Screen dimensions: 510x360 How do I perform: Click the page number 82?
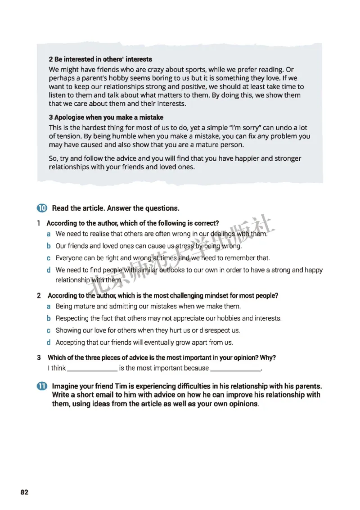24,492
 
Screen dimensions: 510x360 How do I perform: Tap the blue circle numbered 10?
42,208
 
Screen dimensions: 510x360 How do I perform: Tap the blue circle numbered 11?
42,387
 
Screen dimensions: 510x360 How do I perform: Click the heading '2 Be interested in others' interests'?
100,59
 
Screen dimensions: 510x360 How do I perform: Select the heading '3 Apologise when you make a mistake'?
106,117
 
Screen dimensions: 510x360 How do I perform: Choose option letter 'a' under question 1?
48,235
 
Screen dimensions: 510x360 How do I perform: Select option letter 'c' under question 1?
48,258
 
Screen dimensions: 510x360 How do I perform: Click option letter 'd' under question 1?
48,270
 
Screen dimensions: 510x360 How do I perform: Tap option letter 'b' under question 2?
48,318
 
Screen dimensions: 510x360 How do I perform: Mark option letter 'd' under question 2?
48,342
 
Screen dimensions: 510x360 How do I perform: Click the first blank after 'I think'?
92,368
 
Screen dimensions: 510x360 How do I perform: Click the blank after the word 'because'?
236,368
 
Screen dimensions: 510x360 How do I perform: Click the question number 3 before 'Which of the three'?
39,358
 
